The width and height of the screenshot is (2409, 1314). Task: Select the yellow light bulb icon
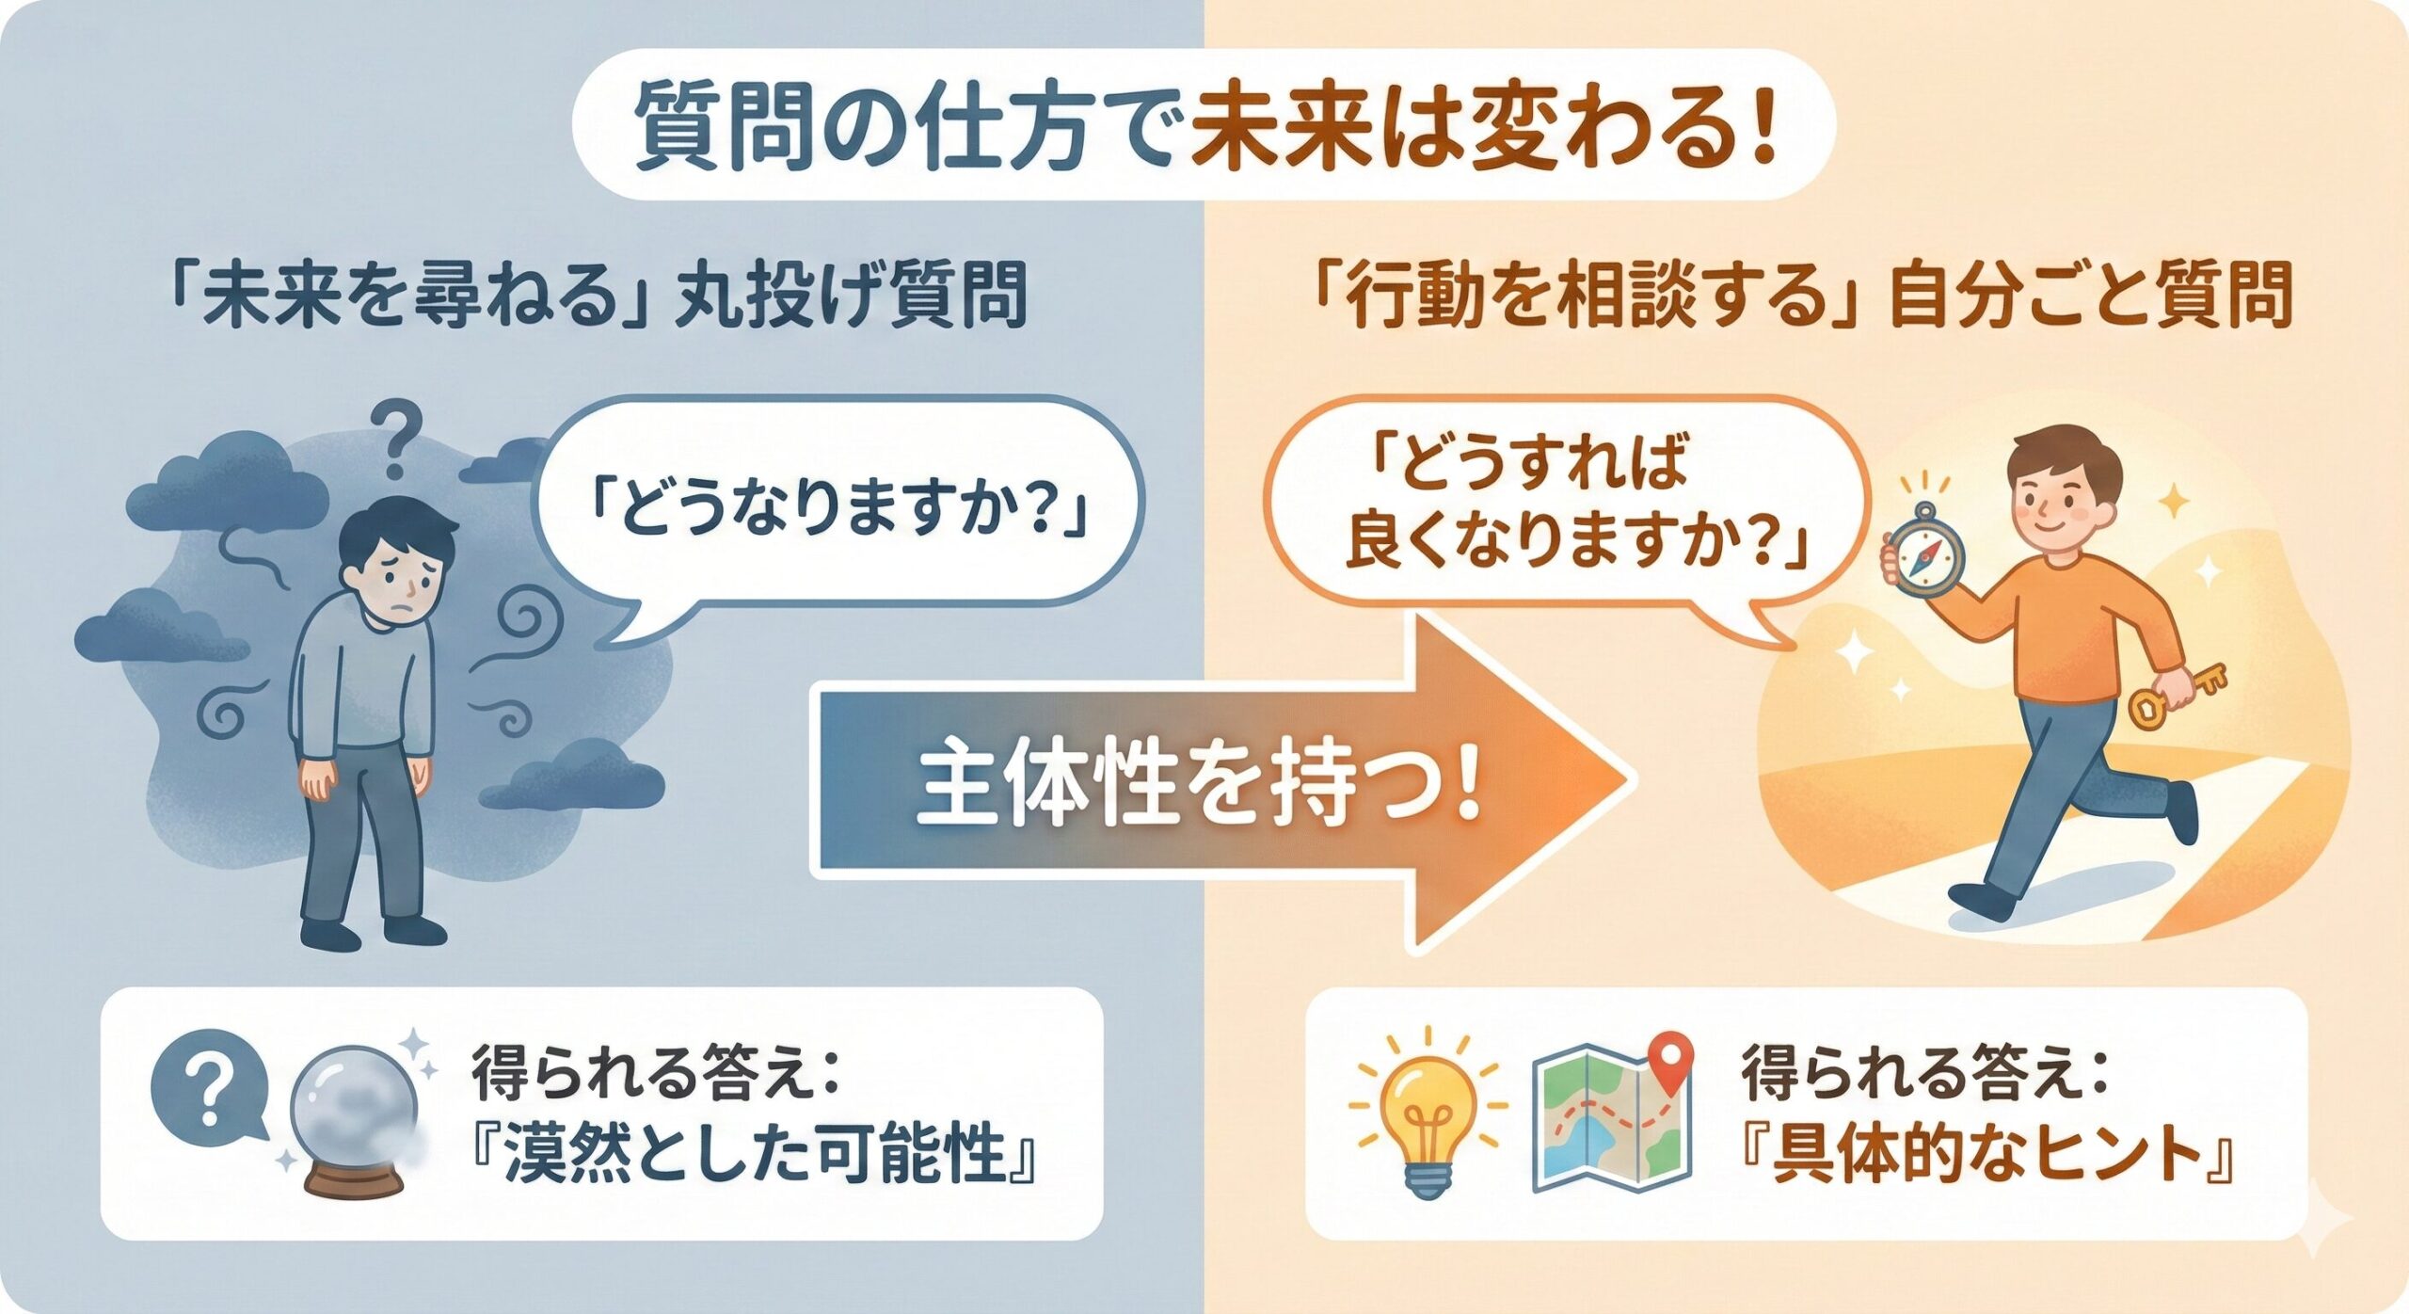point(1428,1110)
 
